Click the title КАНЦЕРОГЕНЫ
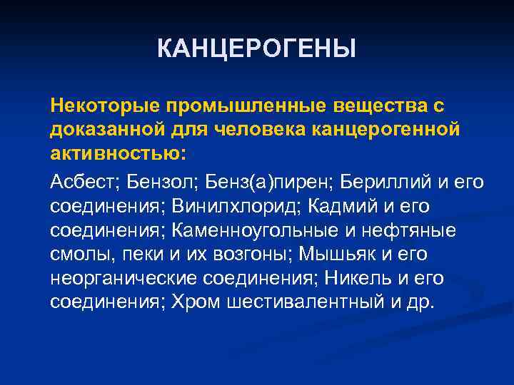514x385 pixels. point(256,49)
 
